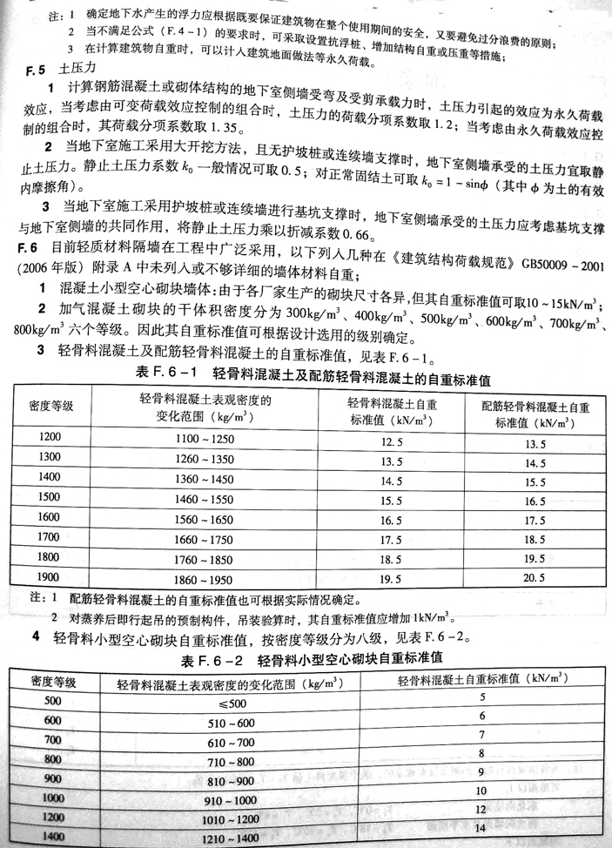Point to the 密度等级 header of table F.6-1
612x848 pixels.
pos(53,406)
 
